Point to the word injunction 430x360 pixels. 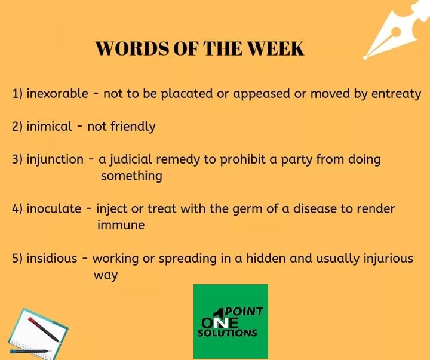(x=55, y=159)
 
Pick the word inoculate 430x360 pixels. (x=54, y=209)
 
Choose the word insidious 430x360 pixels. (x=52, y=259)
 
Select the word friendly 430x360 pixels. (x=133, y=127)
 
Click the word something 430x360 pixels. (x=131, y=176)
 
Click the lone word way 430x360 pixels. (x=106, y=276)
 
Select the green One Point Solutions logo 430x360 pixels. (x=231, y=321)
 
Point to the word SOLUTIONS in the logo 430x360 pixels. (x=228, y=333)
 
